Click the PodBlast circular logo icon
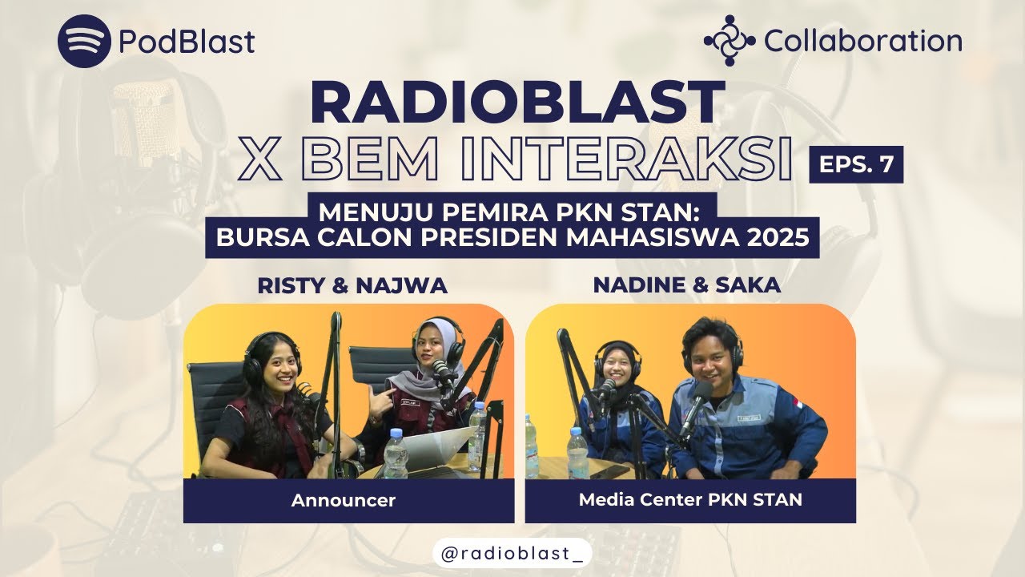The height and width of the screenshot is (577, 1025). [x=84, y=41]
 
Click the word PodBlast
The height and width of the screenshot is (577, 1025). [x=187, y=42]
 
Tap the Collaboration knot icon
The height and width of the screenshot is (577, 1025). [x=730, y=40]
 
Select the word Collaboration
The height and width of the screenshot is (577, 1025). [x=862, y=41]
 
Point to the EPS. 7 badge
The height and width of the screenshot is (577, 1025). [x=856, y=165]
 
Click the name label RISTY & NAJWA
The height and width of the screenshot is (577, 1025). [x=352, y=285]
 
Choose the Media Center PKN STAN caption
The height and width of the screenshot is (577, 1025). [x=690, y=501]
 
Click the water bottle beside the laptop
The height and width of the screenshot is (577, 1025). [x=395, y=454]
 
